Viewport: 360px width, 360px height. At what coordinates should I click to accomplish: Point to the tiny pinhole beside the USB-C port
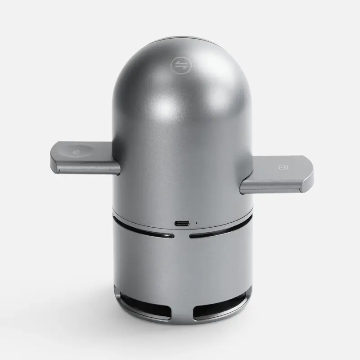pos(196,223)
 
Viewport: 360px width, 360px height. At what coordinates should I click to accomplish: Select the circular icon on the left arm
pos(75,152)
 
